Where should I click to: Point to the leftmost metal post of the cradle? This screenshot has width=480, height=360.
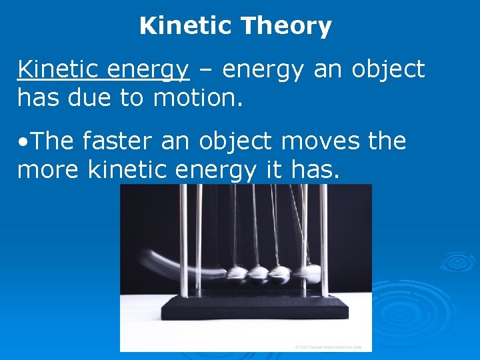[x=183, y=240]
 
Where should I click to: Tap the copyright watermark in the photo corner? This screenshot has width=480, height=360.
[x=329, y=347]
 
